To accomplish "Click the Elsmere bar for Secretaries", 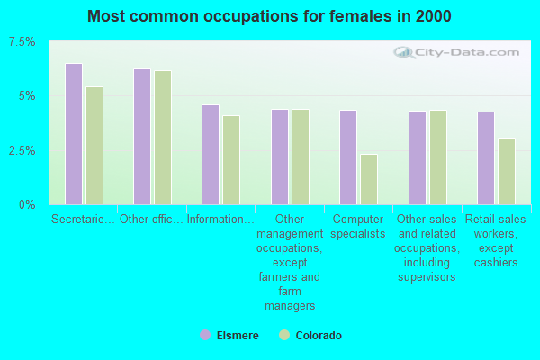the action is (x=74, y=134).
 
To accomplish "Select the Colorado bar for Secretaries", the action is (x=94, y=146).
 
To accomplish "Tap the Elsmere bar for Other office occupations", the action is (x=142, y=137).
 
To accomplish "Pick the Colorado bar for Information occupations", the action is (x=231, y=160).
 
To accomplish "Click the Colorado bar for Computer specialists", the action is (x=369, y=179).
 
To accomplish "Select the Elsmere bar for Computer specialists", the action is (x=348, y=157).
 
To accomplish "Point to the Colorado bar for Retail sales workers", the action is (x=507, y=172).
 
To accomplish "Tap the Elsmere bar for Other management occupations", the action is (x=280, y=157).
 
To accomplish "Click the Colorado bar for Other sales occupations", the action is (x=438, y=157).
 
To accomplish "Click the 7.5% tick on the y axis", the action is (x=22, y=42).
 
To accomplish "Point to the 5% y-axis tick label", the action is (x=27, y=96).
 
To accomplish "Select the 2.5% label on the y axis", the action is (x=22, y=150).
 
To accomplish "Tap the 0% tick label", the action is (x=27, y=205).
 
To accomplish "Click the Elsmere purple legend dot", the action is (x=205, y=335).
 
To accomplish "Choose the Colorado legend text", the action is (x=319, y=335).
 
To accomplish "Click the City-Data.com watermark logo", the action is (x=456, y=53).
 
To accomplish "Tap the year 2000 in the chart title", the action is (x=433, y=16).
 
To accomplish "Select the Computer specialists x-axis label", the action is (x=358, y=226).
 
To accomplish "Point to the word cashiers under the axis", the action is (x=496, y=263).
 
